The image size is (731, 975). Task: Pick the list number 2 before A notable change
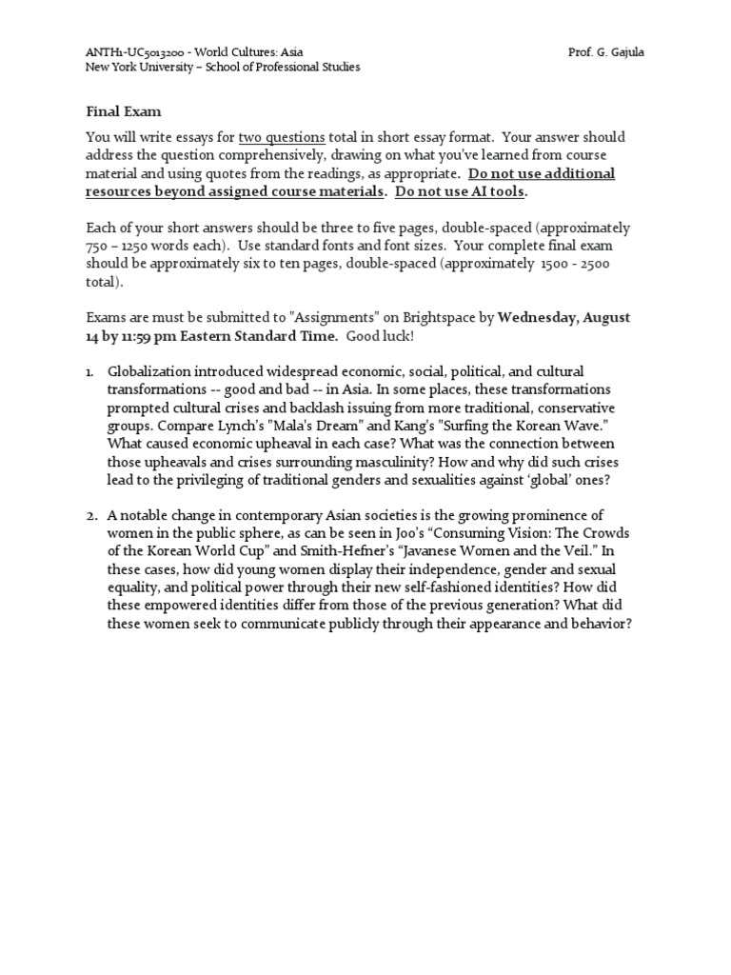(x=90, y=515)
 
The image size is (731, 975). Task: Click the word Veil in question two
(x=577, y=551)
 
